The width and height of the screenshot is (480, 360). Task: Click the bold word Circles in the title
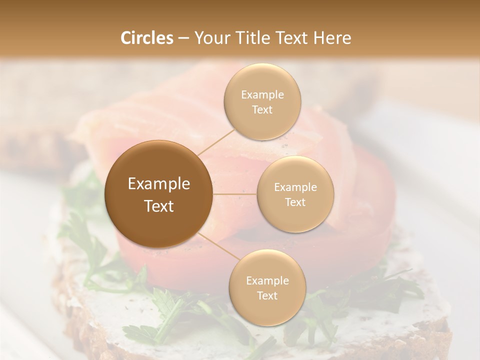(x=147, y=38)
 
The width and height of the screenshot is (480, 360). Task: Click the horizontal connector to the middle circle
(x=235, y=194)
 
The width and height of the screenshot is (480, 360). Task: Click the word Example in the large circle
(x=159, y=184)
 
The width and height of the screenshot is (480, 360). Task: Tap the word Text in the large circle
(x=159, y=206)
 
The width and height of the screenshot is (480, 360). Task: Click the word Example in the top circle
(x=262, y=95)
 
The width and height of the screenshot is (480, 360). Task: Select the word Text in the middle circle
(x=295, y=202)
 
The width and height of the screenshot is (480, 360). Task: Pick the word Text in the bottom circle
(x=267, y=296)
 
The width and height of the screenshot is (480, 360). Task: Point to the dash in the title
(x=183, y=38)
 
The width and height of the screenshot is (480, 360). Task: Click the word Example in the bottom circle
(x=267, y=281)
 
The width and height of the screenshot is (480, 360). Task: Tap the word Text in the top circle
(x=262, y=110)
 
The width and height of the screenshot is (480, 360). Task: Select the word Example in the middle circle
(x=295, y=187)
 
